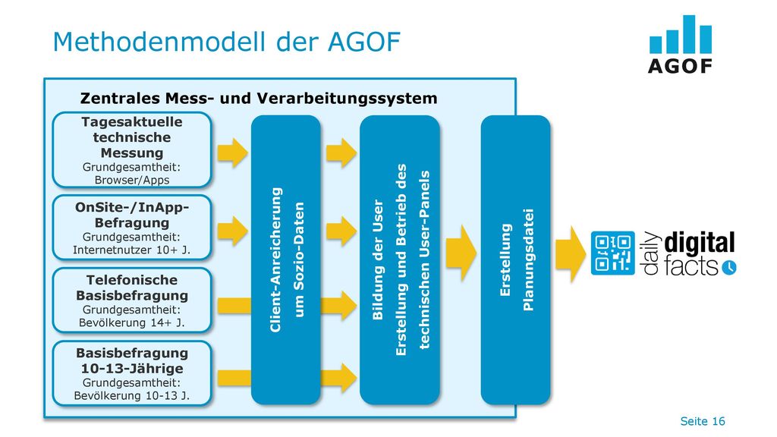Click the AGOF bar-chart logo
[680, 45]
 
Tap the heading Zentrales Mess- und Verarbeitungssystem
[259, 98]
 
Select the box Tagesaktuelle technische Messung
[132, 150]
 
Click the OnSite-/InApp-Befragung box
[132, 228]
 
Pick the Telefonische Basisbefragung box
[132, 300]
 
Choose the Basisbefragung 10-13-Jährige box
[132, 373]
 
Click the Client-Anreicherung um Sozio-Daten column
[286, 259]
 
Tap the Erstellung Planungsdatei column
[515, 259]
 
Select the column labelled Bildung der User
[400, 259]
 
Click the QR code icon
[612, 253]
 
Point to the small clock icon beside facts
[729, 268]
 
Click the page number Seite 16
[702, 421]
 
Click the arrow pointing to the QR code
[571, 254]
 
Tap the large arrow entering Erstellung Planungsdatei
[461, 253]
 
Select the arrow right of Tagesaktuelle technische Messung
[232, 152]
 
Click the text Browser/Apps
[132, 180]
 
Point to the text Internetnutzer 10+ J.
[132, 250]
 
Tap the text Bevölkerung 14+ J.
[132, 322]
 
